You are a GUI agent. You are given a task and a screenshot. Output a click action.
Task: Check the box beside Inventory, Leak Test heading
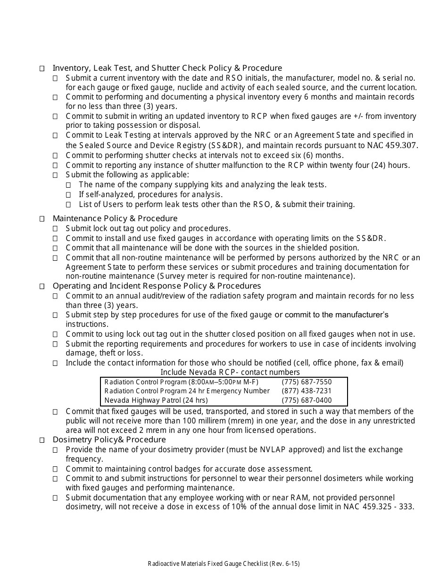tap(42, 68)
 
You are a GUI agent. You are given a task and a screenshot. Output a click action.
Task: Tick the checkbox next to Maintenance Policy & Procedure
tap(42, 219)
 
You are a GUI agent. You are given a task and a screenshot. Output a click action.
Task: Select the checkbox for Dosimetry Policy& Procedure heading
tap(42, 440)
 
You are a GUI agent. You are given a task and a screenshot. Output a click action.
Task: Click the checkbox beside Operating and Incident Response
tap(42, 286)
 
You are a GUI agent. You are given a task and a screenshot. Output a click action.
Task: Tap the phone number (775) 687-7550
tap(307, 382)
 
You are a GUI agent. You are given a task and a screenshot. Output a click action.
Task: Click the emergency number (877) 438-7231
tap(307, 391)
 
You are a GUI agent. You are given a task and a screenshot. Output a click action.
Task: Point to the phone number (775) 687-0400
tap(307, 400)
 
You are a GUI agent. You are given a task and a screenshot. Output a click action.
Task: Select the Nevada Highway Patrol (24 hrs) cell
tap(156, 400)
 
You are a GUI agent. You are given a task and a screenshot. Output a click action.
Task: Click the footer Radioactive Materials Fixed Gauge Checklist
tap(224, 563)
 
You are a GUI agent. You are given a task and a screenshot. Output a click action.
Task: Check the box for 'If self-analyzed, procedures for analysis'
tap(68, 195)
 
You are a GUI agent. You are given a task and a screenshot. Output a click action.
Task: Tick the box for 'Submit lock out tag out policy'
tap(55, 229)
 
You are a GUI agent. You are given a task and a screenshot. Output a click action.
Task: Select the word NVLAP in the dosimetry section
tap(273, 449)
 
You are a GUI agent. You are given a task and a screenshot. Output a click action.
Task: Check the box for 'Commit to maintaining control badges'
tap(55, 469)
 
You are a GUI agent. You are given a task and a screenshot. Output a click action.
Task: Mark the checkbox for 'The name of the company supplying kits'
tap(68, 185)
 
